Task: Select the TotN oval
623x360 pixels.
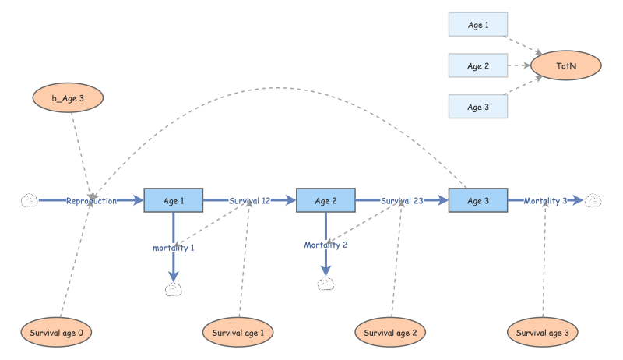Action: (x=566, y=66)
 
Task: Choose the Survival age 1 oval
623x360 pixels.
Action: (x=238, y=333)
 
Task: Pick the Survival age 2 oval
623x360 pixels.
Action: (x=391, y=333)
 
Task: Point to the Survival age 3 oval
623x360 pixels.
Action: (x=543, y=333)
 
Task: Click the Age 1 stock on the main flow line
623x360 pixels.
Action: (x=173, y=201)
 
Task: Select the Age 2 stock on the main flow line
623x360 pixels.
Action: (x=326, y=201)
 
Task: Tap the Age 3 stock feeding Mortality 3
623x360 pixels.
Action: (x=477, y=201)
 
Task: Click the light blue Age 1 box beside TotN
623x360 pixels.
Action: (x=477, y=25)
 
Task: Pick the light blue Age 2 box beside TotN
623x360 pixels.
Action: (x=477, y=66)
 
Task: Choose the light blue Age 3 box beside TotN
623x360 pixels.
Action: (x=477, y=107)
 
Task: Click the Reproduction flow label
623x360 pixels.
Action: (x=91, y=201)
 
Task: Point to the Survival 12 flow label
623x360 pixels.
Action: (x=249, y=201)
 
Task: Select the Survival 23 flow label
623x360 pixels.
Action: (x=402, y=201)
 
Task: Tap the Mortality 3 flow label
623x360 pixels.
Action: (x=545, y=201)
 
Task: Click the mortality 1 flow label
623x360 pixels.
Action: (x=174, y=248)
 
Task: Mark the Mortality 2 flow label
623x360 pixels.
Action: (x=326, y=245)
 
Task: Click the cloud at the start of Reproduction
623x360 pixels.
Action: (x=29, y=201)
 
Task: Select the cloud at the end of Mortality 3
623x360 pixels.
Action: (x=593, y=201)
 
